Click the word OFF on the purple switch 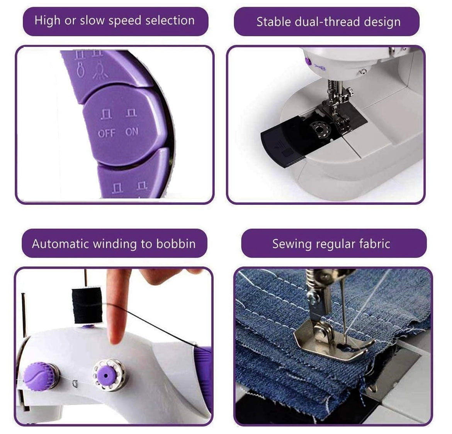(x=106, y=133)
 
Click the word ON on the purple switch (x=131, y=132)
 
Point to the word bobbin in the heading (x=176, y=244)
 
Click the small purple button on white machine (x=308, y=61)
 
